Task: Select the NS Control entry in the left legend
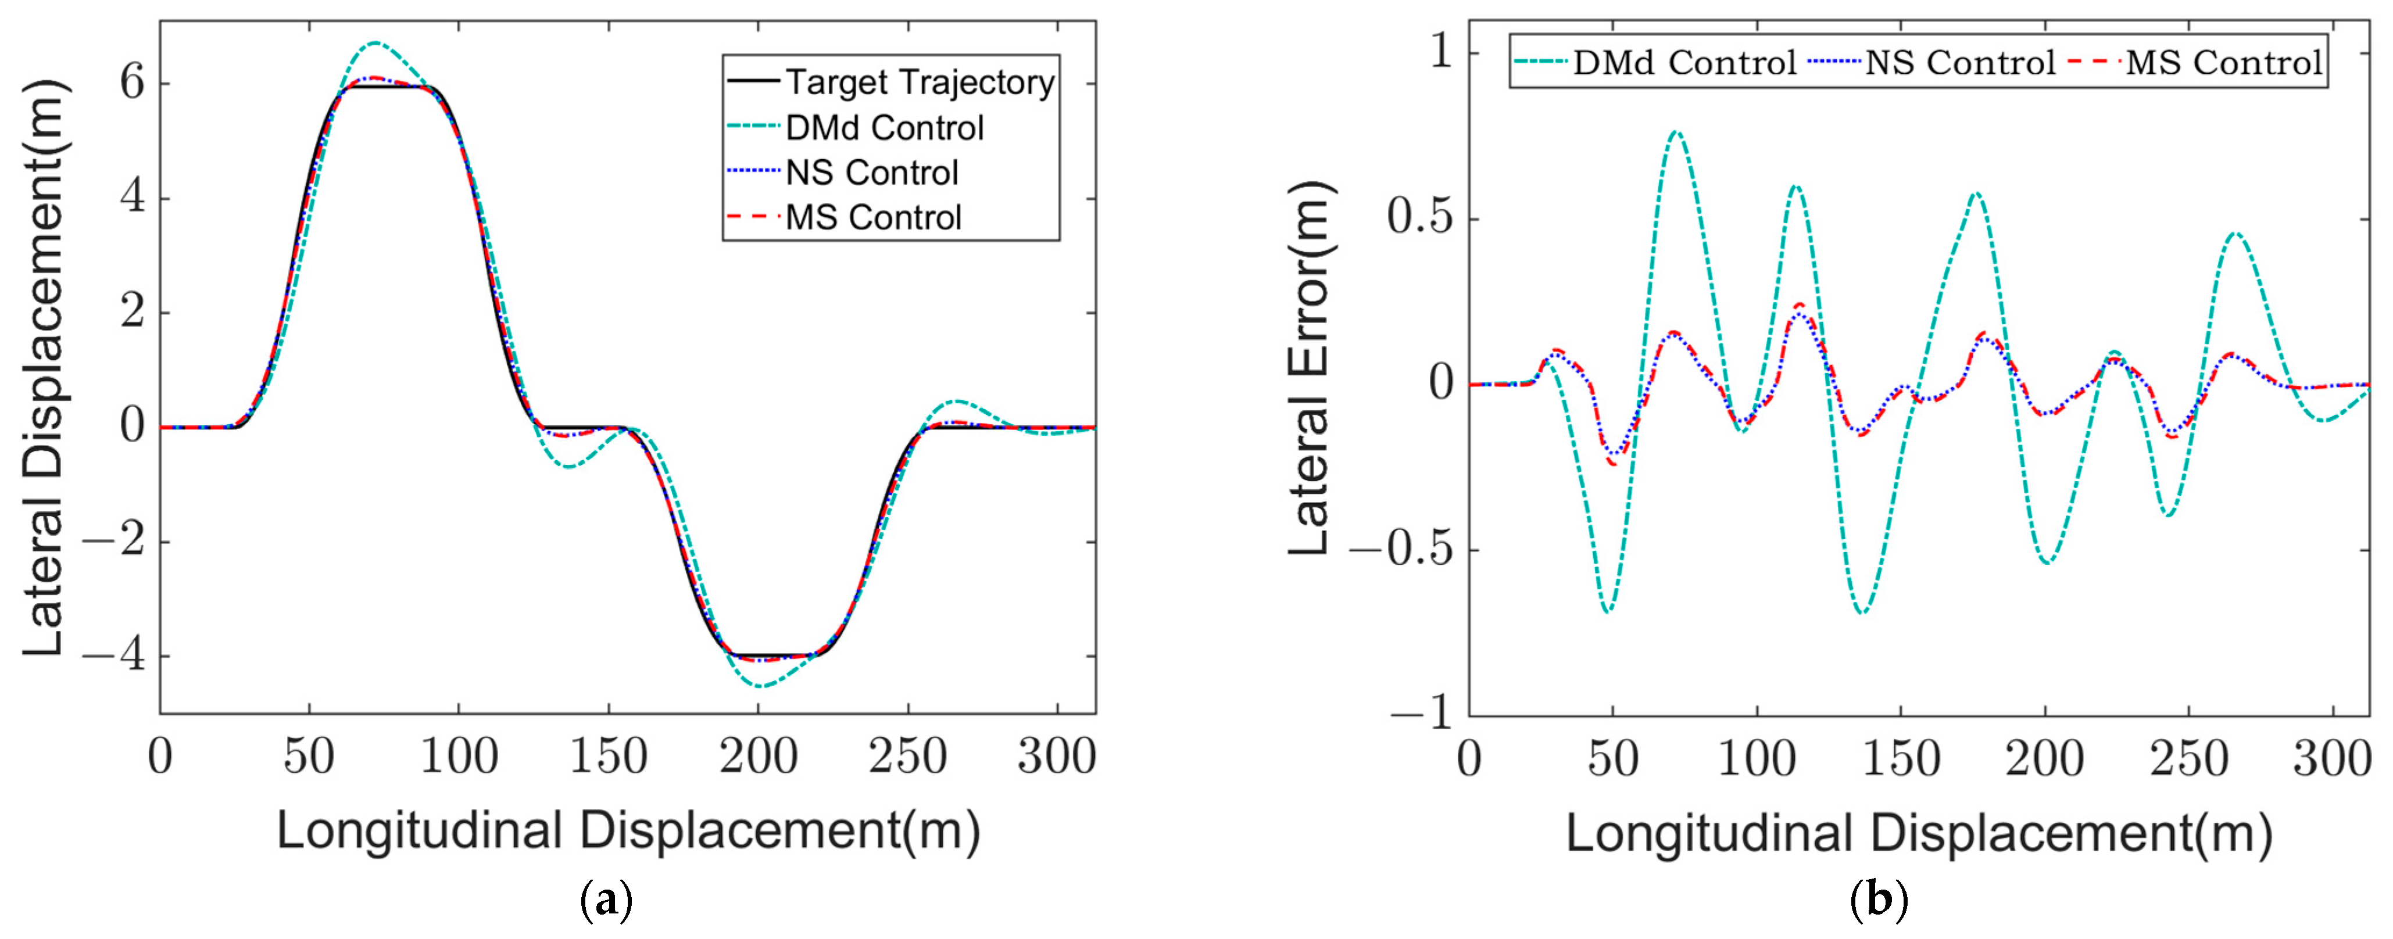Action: coord(871,173)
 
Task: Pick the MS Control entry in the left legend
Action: coord(873,217)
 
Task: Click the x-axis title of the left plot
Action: coord(628,829)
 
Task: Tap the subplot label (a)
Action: coord(606,900)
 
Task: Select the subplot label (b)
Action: coord(1879,900)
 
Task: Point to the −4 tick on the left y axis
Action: coord(113,655)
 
